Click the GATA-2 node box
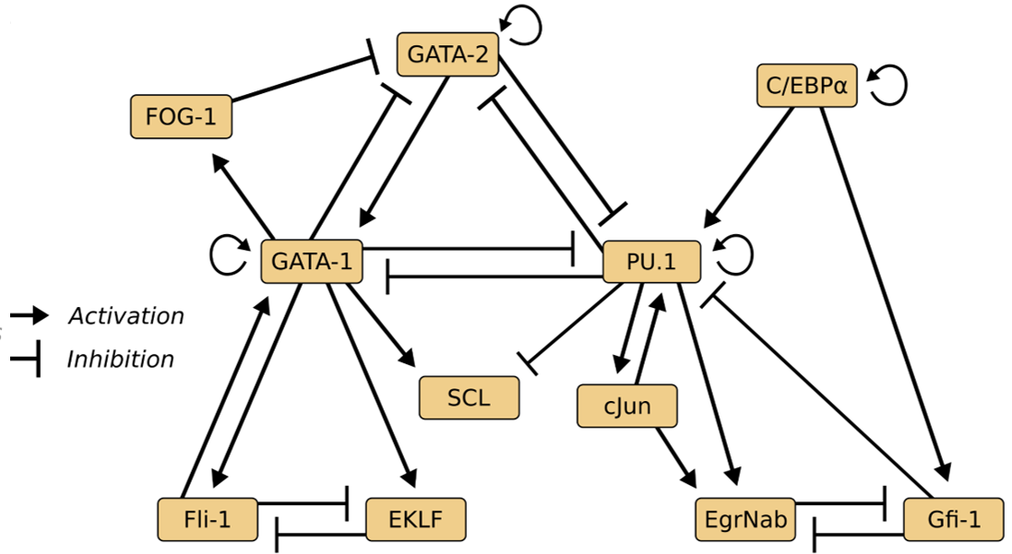(x=447, y=54)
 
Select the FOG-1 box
(x=180, y=116)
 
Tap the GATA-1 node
(x=312, y=262)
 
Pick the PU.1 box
(x=651, y=262)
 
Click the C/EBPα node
(x=806, y=86)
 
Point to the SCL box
(x=469, y=397)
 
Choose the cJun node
(x=627, y=406)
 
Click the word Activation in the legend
(x=126, y=316)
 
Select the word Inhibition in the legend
(x=120, y=359)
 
